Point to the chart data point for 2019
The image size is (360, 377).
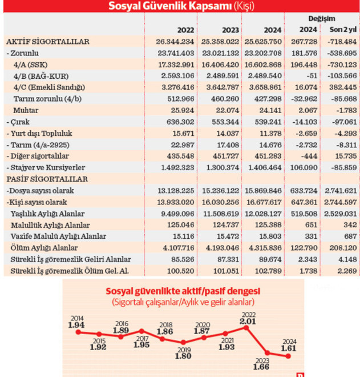[184, 344]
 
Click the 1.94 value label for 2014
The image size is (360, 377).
[76, 325]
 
